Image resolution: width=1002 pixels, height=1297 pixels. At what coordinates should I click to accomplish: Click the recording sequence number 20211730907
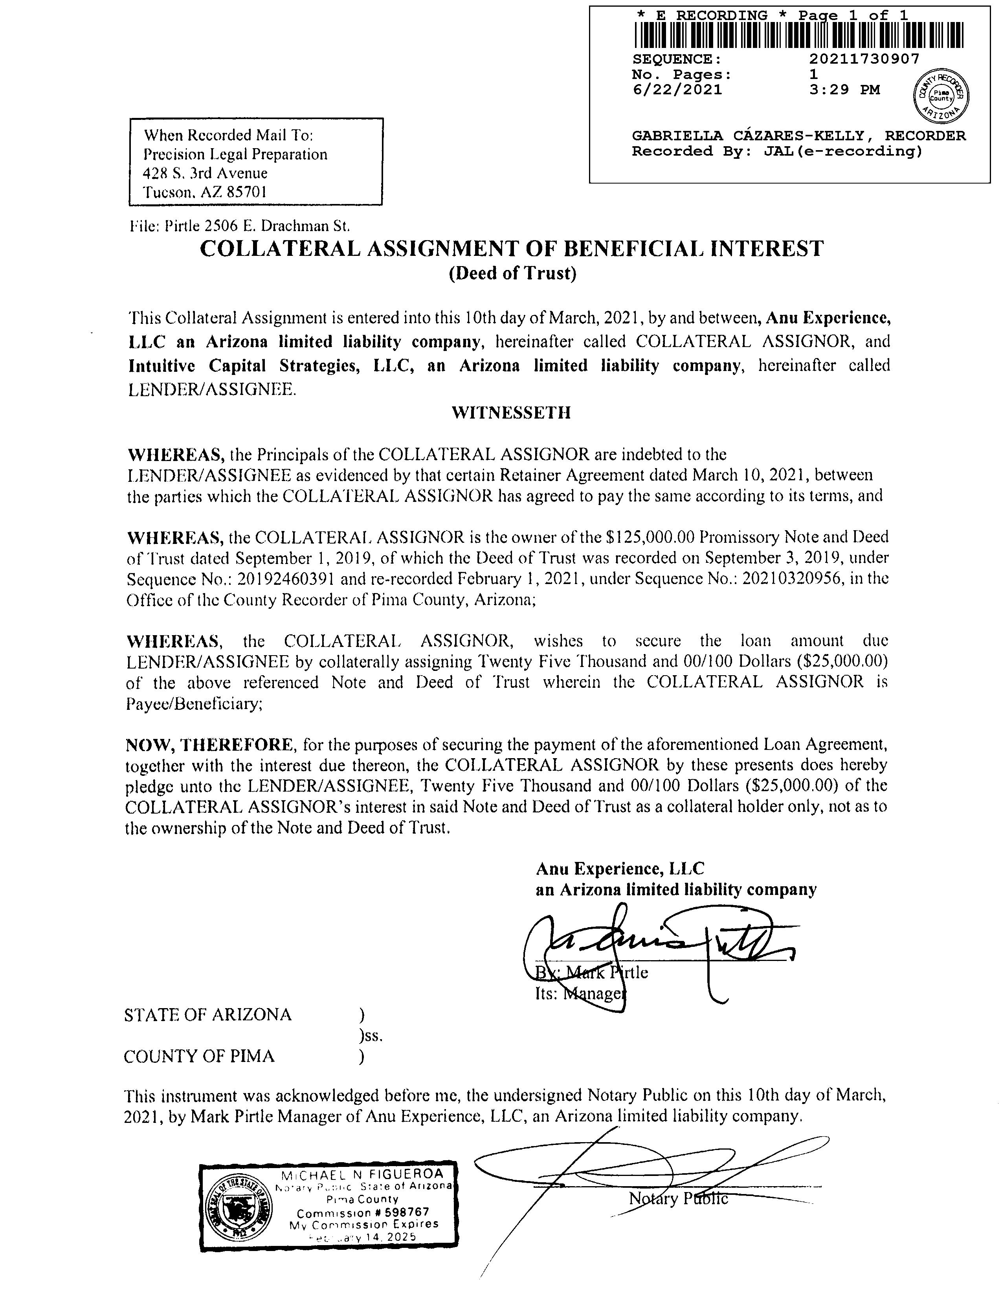(864, 59)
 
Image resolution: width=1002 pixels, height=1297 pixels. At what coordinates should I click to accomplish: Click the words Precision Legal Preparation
(235, 154)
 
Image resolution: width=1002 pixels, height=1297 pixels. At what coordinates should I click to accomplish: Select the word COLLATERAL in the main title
(280, 248)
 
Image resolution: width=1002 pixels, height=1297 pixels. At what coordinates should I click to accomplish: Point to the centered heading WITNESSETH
(511, 413)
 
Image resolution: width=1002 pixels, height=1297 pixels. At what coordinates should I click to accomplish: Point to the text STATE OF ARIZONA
(208, 1014)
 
